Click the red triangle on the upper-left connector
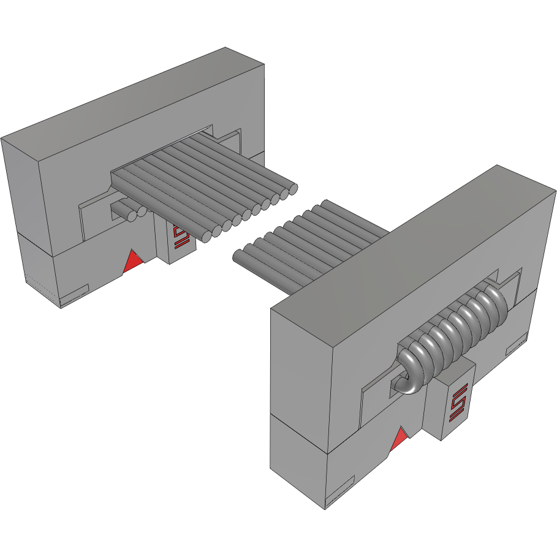coord(132,262)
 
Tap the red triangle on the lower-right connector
coord(399,440)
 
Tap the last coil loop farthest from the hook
coord(495,305)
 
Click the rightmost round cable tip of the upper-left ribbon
coord(292,189)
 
